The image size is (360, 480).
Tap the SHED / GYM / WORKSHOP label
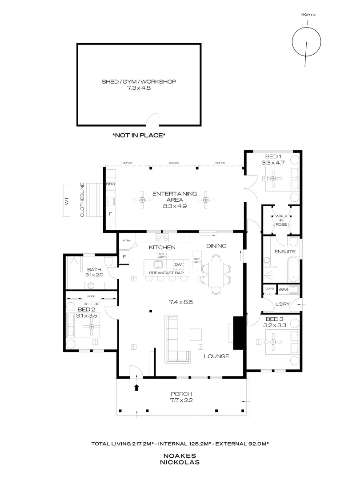coord(139,85)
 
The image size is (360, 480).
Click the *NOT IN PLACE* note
coord(139,135)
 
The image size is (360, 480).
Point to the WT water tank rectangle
coord(67,200)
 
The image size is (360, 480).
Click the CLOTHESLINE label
coord(83,200)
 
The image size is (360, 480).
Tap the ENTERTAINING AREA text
coord(174,196)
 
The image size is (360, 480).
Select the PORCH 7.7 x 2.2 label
coord(182,397)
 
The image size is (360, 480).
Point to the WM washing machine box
coord(283,290)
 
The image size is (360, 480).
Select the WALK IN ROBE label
coord(281,220)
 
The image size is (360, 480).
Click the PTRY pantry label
coord(127,240)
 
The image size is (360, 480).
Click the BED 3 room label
coord(275,322)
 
